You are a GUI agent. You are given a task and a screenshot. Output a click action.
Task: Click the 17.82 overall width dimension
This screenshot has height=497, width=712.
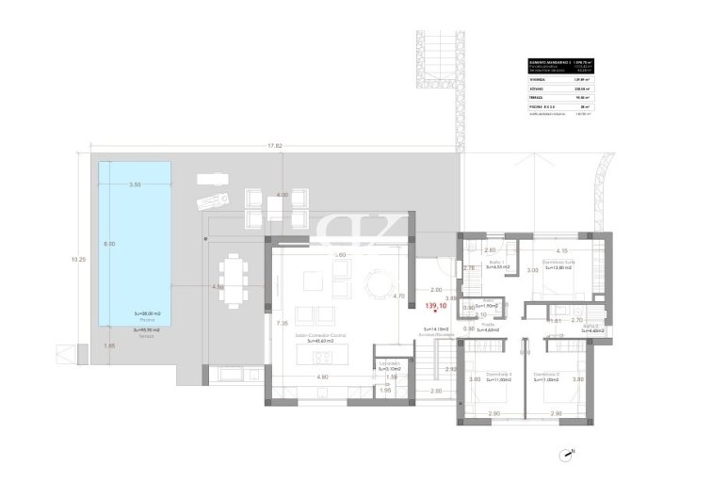click(x=275, y=146)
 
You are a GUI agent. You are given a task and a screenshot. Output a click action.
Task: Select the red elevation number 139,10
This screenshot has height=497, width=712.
click(x=435, y=306)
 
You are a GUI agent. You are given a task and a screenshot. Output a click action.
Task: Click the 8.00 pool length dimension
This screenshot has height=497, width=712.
click(x=109, y=244)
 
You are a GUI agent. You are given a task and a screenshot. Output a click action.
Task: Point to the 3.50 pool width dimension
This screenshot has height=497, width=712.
click(x=135, y=185)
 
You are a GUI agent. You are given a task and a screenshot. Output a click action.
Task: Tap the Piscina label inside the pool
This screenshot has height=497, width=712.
click(x=135, y=321)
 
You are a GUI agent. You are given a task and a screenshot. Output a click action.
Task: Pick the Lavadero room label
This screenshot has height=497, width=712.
click(x=390, y=362)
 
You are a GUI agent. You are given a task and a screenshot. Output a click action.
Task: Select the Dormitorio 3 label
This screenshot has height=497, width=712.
click(x=498, y=374)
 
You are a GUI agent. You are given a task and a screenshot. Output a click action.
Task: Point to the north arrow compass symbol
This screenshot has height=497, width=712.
click(x=568, y=455)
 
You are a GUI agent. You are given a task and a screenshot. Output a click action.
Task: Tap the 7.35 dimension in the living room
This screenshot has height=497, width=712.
click(x=281, y=323)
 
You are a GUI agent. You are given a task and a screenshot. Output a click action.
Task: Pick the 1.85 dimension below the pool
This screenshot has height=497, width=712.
click(x=110, y=346)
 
